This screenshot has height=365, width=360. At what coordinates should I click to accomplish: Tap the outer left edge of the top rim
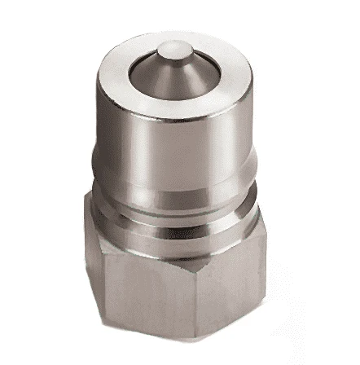click(x=116, y=65)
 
